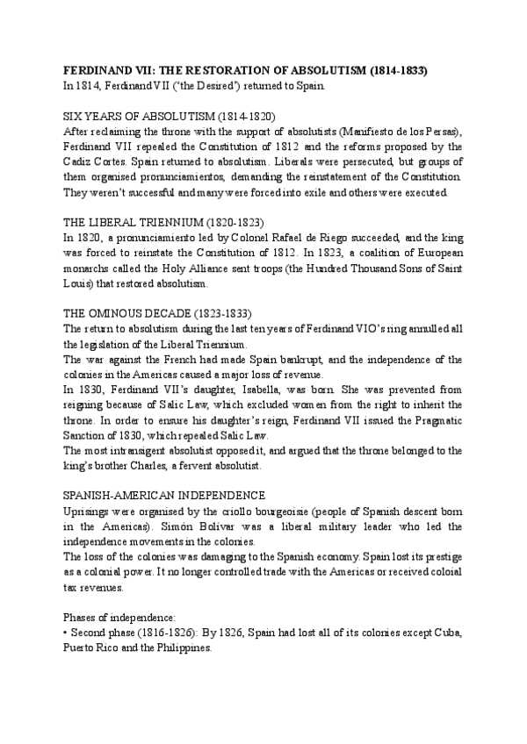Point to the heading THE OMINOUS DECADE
point(159,313)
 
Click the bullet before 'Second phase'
point(68,633)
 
